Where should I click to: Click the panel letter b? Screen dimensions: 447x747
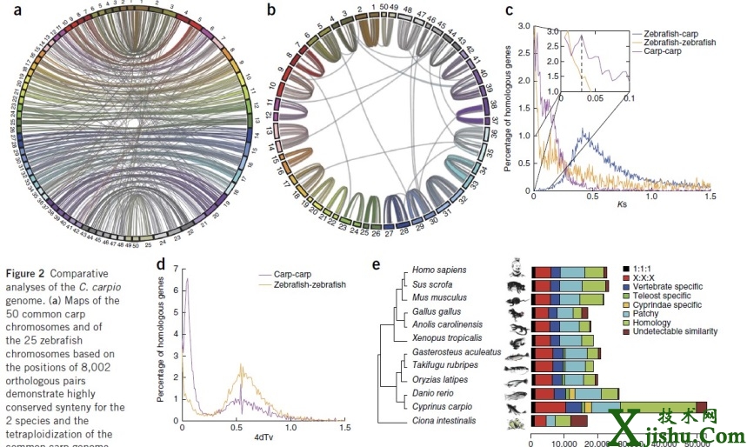[x=271, y=11]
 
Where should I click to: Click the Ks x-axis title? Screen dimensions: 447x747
[x=622, y=205]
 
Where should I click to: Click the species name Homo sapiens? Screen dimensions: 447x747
[x=439, y=270]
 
